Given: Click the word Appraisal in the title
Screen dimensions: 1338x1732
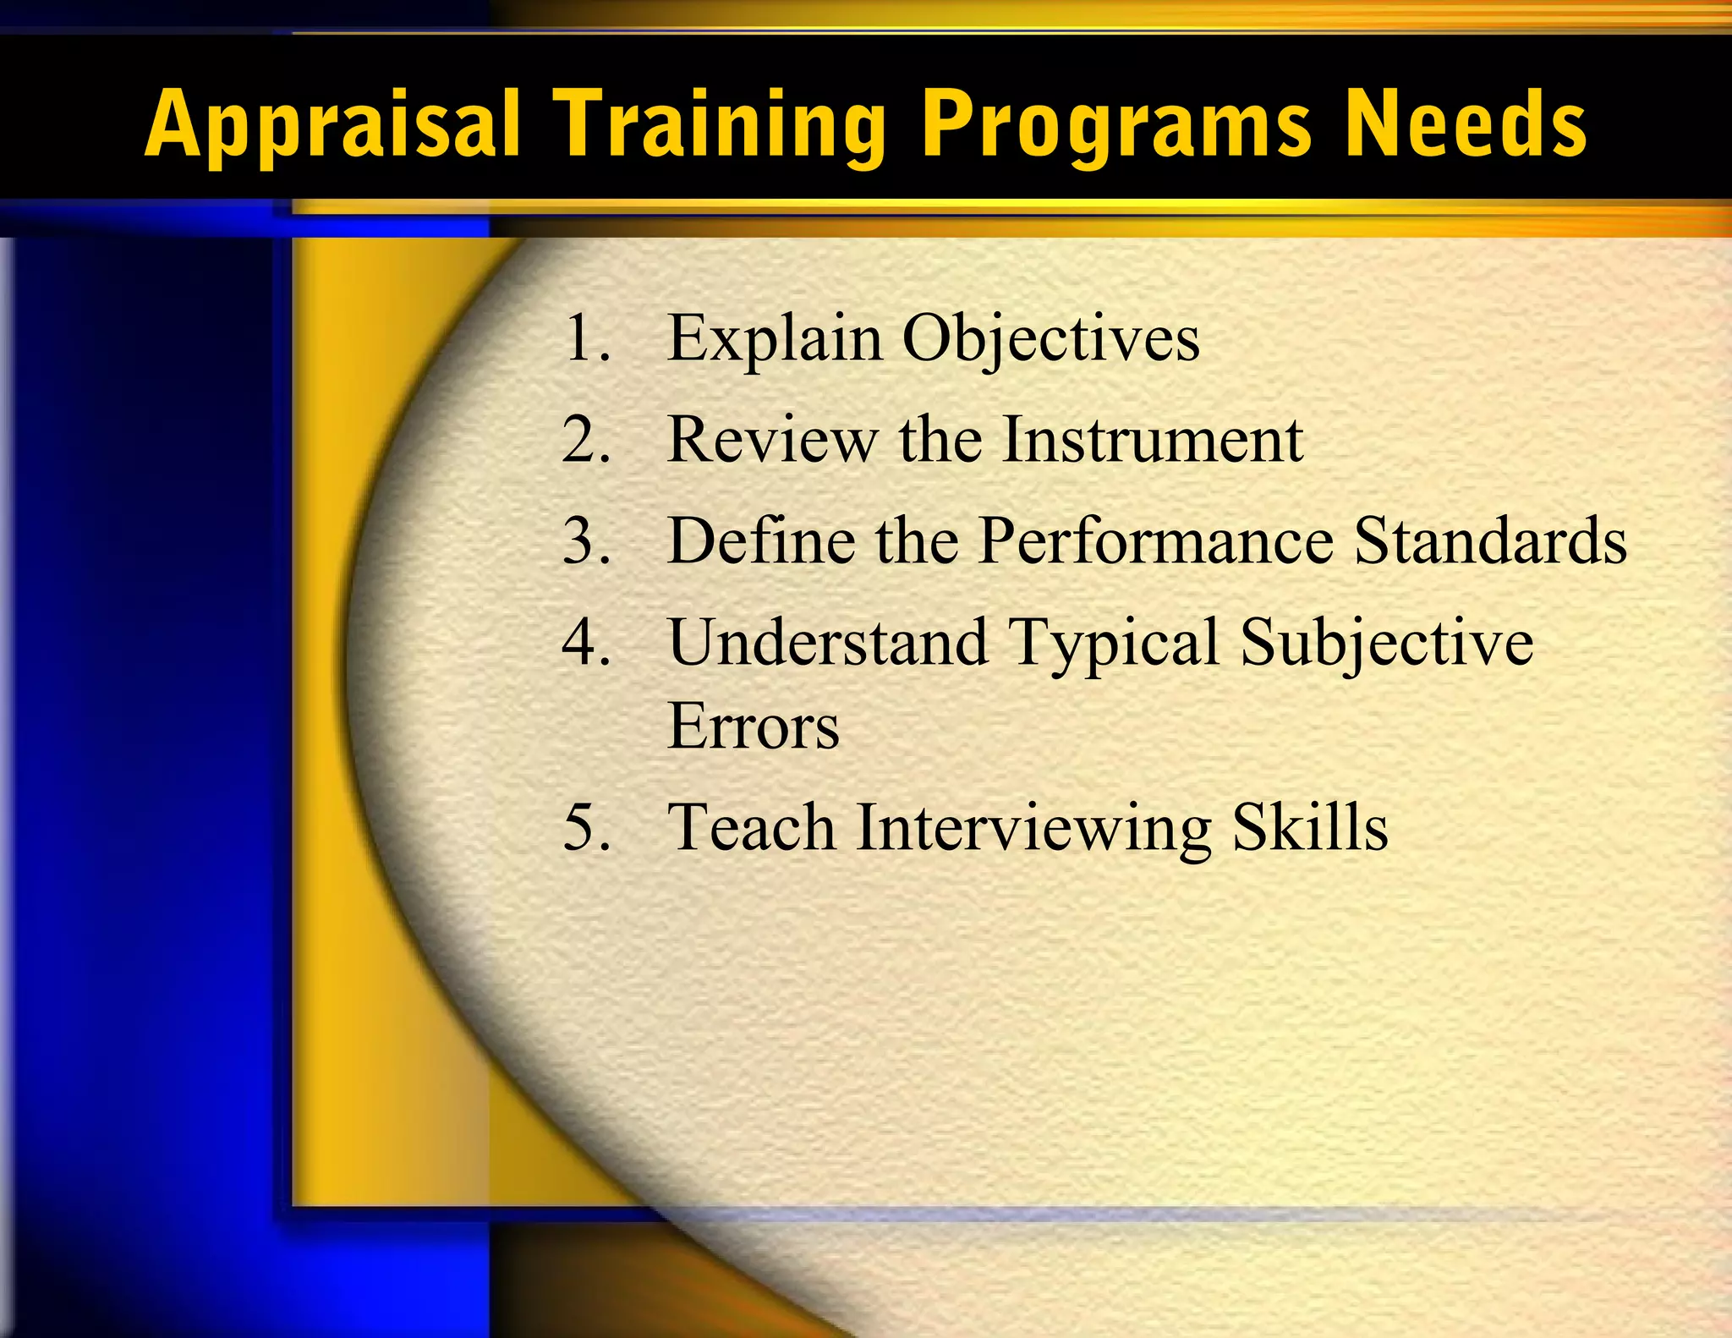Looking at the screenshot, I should tap(332, 124).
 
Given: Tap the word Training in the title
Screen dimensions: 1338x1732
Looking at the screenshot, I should tap(720, 124).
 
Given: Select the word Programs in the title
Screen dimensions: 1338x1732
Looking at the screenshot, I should tap(1117, 124).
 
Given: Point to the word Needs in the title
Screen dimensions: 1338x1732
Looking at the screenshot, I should tap(1466, 124).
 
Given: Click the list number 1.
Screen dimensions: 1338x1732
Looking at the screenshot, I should tap(585, 338).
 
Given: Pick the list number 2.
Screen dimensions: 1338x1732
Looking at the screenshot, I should tap(585, 440).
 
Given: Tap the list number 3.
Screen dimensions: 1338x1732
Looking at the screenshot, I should tap(585, 541).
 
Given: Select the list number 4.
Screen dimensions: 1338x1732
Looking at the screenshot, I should tap(585, 642).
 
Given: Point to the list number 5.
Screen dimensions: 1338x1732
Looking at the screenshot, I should tap(585, 827).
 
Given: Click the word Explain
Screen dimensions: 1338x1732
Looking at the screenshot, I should tap(775, 338).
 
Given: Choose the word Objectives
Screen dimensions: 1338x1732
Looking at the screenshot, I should tap(1051, 338).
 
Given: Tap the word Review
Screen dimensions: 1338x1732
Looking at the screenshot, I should tap(772, 440).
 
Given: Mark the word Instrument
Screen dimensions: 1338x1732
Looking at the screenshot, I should tap(1153, 440).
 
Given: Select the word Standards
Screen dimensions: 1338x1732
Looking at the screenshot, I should tap(1490, 541).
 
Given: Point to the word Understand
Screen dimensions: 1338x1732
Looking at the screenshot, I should tap(828, 642).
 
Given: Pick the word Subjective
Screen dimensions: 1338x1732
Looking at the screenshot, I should tap(1386, 642).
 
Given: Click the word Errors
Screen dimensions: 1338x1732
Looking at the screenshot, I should tap(753, 727).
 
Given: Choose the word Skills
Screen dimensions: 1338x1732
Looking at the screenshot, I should tap(1310, 827).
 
